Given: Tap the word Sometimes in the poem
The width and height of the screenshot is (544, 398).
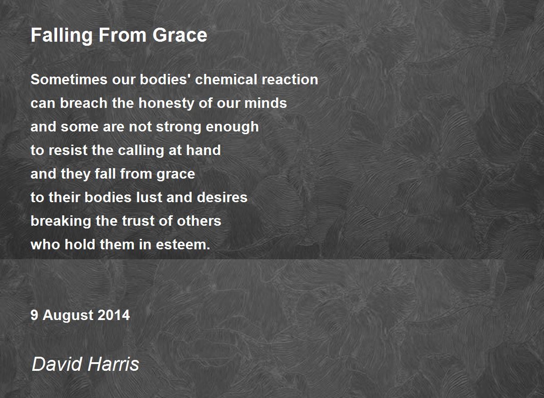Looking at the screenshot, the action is pyautogui.click(x=69, y=79).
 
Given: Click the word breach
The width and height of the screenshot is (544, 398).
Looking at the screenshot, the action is pyautogui.click(x=84, y=103).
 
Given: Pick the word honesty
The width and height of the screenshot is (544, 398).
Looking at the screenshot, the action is pyautogui.click(x=166, y=104).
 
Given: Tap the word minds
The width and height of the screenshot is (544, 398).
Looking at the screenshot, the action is pyautogui.click(x=266, y=103).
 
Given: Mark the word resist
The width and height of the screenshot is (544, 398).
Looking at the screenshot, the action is pyautogui.click(x=68, y=150).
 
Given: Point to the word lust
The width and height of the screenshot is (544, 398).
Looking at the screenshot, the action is pyautogui.click(x=149, y=197).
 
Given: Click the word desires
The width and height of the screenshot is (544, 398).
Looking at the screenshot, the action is pyautogui.click(x=222, y=197).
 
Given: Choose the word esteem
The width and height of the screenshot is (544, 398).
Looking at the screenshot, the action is pyautogui.click(x=183, y=244).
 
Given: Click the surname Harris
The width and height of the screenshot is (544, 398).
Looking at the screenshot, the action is pyautogui.click(x=113, y=364).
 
